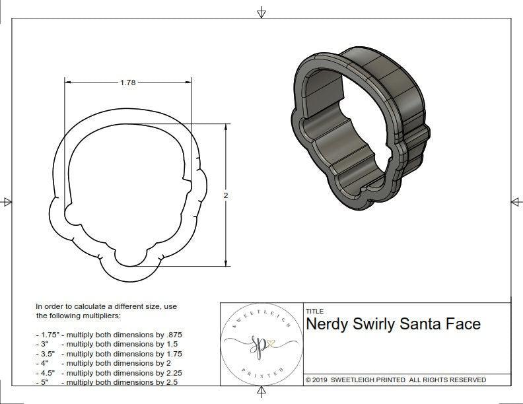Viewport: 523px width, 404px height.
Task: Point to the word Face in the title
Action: pyautogui.click(x=464, y=324)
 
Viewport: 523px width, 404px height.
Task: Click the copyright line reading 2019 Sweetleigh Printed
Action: pyautogui.click(x=396, y=380)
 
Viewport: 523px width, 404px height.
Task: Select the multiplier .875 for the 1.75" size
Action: pyautogui.click(x=173, y=335)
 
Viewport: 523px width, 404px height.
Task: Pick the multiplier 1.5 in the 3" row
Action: pyautogui.click(x=170, y=344)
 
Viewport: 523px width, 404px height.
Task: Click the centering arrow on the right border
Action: pyautogui.click(x=515, y=201)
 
